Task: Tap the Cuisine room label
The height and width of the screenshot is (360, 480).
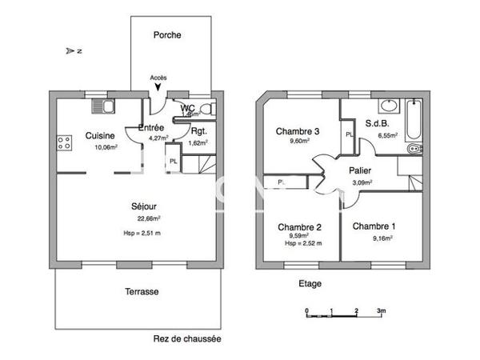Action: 101,136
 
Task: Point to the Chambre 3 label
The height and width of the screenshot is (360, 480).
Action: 298,131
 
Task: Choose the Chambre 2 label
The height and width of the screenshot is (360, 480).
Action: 298,227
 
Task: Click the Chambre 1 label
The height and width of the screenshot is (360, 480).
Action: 374,226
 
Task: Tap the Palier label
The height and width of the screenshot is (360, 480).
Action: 360,170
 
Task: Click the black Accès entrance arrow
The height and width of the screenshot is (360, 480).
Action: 158,86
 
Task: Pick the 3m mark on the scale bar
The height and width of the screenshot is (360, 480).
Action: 382,310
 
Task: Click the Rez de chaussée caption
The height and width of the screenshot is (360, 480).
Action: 186,338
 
